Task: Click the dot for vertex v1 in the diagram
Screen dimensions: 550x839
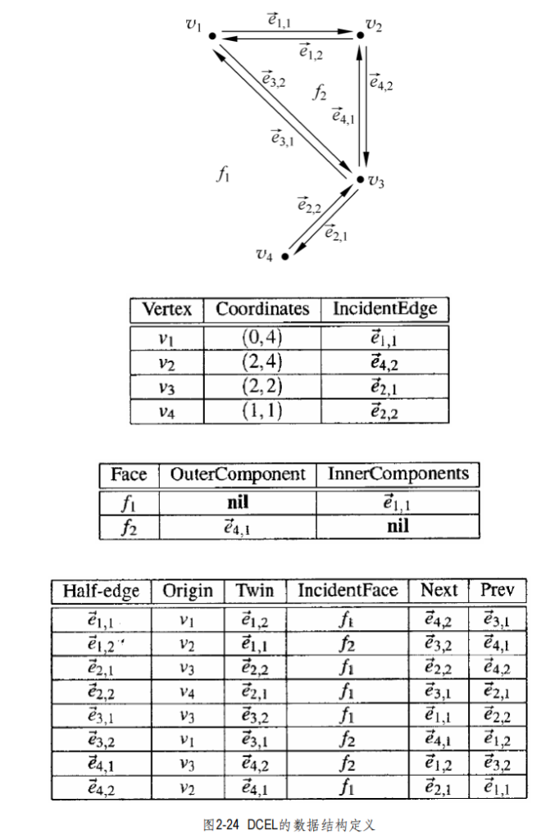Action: click(x=212, y=36)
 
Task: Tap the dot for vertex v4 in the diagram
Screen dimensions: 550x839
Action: click(x=285, y=256)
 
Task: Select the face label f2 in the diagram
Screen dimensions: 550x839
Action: click(x=320, y=93)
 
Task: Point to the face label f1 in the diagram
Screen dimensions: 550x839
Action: click(x=223, y=174)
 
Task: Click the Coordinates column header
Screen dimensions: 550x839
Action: click(x=262, y=309)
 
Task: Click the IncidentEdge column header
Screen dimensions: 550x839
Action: click(x=385, y=309)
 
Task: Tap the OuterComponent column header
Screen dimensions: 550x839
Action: click(x=238, y=474)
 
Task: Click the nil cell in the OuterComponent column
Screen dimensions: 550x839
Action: click(x=238, y=502)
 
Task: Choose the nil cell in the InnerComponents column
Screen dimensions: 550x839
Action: click(x=398, y=526)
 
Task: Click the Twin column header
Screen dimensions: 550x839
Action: click(x=255, y=590)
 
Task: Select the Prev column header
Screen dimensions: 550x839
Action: click(x=498, y=590)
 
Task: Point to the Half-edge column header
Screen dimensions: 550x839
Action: click(x=101, y=591)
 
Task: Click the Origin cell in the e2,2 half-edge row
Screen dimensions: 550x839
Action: click(x=186, y=693)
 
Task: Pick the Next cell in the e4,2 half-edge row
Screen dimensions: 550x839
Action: click(x=438, y=787)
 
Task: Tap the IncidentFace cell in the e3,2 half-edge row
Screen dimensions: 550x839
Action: click(x=347, y=740)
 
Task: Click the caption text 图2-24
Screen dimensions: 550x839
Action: click(x=221, y=824)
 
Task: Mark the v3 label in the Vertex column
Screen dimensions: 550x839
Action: click(x=166, y=388)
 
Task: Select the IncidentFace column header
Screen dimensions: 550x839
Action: click(x=348, y=590)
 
